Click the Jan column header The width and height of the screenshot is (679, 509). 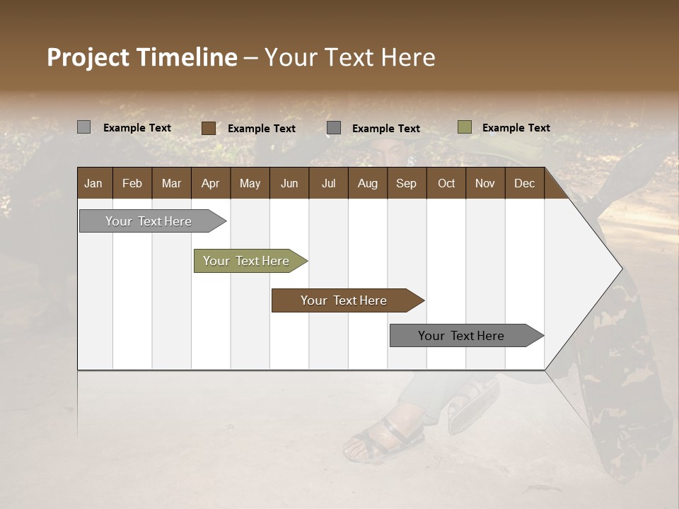coord(93,183)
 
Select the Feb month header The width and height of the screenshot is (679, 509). coord(132,183)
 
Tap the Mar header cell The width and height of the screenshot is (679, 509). coord(171,183)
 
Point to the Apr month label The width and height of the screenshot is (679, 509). coord(210,183)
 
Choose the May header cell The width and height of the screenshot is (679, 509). coord(250,183)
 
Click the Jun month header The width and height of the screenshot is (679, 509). coord(289,183)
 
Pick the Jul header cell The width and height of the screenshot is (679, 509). coord(328,183)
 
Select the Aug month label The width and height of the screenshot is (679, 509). coord(367,183)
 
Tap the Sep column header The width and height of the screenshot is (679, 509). coord(406,183)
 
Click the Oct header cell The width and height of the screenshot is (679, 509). coord(446,183)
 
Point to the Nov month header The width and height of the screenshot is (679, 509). coord(485,183)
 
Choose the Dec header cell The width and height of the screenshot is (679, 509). coord(524,183)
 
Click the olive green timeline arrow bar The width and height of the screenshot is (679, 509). coord(248,261)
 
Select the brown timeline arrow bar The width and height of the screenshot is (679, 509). coord(344,300)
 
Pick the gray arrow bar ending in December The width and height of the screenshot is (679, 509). coord(463,336)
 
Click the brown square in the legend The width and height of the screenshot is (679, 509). coord(209,128)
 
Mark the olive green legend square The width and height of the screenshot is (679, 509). coord(464,127)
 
